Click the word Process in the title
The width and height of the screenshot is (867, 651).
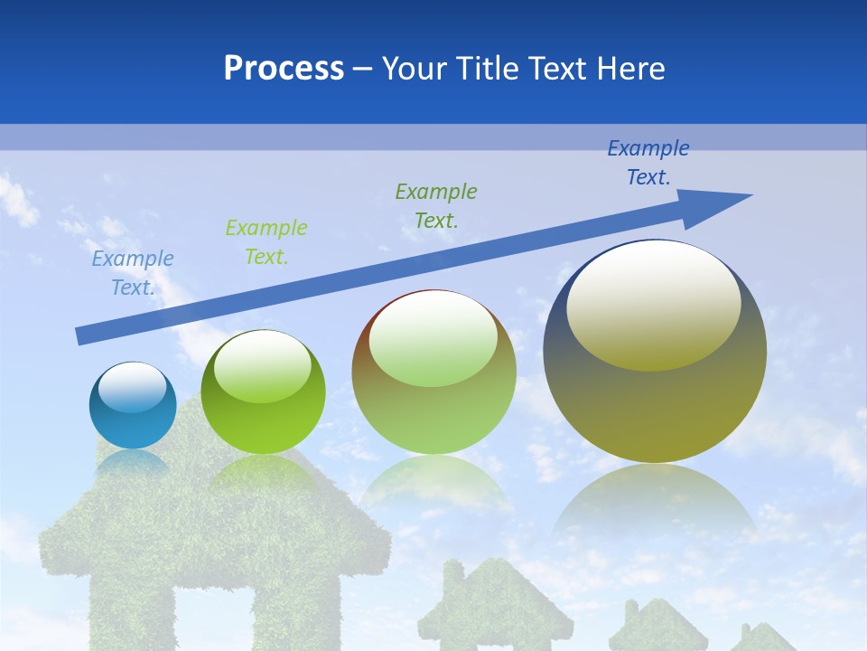click(x=284, y=69)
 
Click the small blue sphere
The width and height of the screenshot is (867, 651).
click(x=133, y=406)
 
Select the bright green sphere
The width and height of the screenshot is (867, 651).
click(x=262, y=393)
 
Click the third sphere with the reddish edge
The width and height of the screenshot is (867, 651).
click(x=433, y=373)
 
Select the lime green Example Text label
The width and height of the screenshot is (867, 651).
click(x=266, y=241)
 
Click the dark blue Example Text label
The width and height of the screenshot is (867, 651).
click(x=648, y=163)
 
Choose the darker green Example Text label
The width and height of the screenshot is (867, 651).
click(x=436, y=205)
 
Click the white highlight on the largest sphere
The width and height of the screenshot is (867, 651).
click(x=653, y=303)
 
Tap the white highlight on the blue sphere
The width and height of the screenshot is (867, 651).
click(x=132, y=387)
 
